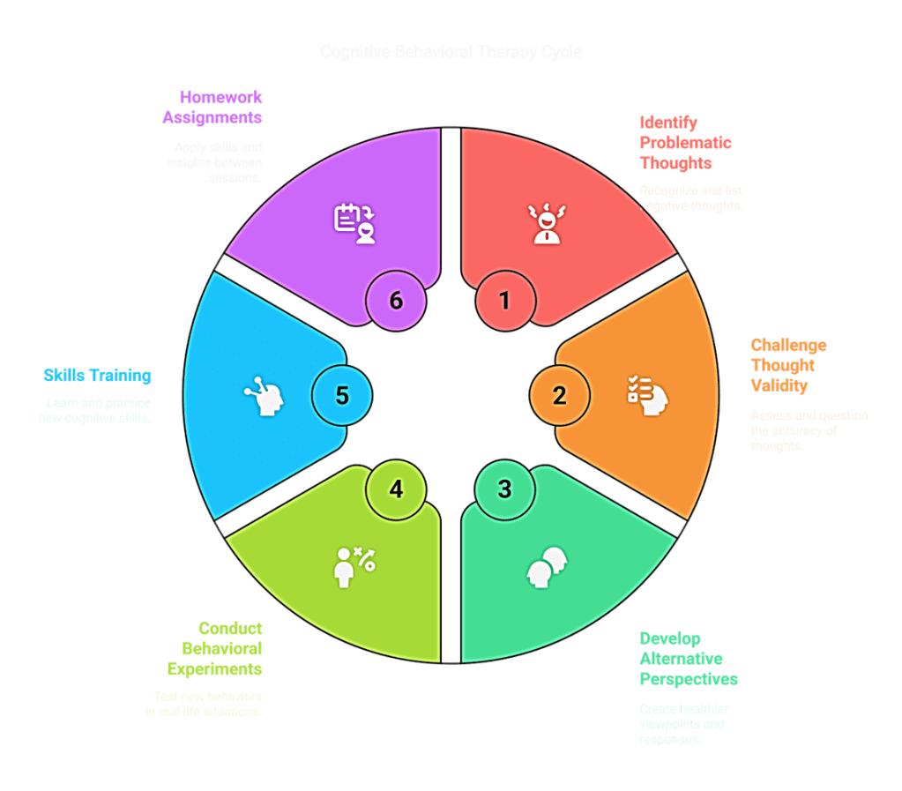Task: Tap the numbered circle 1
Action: [x=504, y=301]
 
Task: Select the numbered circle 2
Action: [x=559, y=395]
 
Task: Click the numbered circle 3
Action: [x=504, y=489]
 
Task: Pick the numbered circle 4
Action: [x=396, y=489]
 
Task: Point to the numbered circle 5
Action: [x=342, y=395]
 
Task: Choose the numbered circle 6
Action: [x=396, y=301]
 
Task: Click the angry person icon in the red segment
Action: [x=546, y=223]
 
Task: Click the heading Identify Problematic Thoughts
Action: [x=685, y=141]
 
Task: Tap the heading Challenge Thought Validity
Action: [x=788, y=365]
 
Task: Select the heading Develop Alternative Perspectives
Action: [x=688, y=658]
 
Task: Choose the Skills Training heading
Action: [x=97, y=376]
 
